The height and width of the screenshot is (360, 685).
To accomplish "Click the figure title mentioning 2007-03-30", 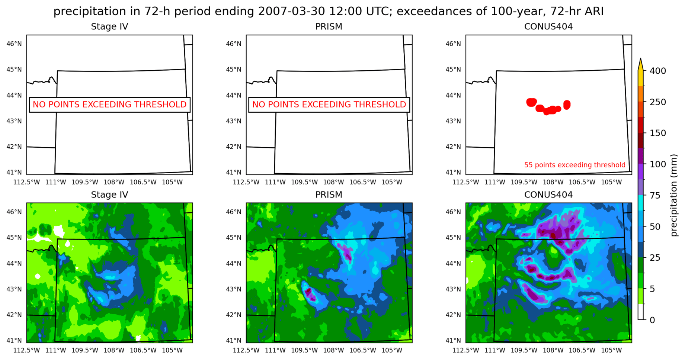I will coord(329,11).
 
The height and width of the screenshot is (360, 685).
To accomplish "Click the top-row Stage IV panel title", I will coord(109,27).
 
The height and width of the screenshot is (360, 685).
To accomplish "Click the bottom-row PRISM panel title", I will coord(329,195).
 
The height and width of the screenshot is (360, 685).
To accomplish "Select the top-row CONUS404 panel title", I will coord(548,27).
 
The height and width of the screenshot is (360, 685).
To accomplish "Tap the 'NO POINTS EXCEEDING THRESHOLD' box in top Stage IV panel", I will coord(109,105).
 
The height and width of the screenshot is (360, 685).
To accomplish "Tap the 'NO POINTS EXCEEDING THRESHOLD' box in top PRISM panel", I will coord(329,105).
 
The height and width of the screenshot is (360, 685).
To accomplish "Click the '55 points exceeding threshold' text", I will coord(574,165).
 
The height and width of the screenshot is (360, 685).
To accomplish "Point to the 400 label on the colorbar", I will coord(657,71).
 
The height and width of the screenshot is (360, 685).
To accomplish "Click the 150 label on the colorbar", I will coord(657,133).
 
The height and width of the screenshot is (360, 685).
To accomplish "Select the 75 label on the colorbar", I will coord(655,195).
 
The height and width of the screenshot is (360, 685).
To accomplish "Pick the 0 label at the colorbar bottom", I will coord(652,320).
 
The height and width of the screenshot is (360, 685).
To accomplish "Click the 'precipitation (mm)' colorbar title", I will coord(674,195).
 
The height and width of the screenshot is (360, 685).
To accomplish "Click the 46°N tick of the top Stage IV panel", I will coord(14,44).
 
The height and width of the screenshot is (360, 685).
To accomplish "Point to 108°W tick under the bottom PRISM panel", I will coord(333,350).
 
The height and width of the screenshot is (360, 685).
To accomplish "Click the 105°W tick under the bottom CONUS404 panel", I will coord(611,350).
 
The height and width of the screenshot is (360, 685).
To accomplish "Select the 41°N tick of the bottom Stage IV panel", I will coord(14,340).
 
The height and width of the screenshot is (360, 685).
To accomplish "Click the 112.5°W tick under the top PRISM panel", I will coord(246,182).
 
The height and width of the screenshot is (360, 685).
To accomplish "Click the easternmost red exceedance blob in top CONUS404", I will coord(567,105).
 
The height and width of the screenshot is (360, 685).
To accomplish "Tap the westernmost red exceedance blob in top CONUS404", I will coord(532,102).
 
